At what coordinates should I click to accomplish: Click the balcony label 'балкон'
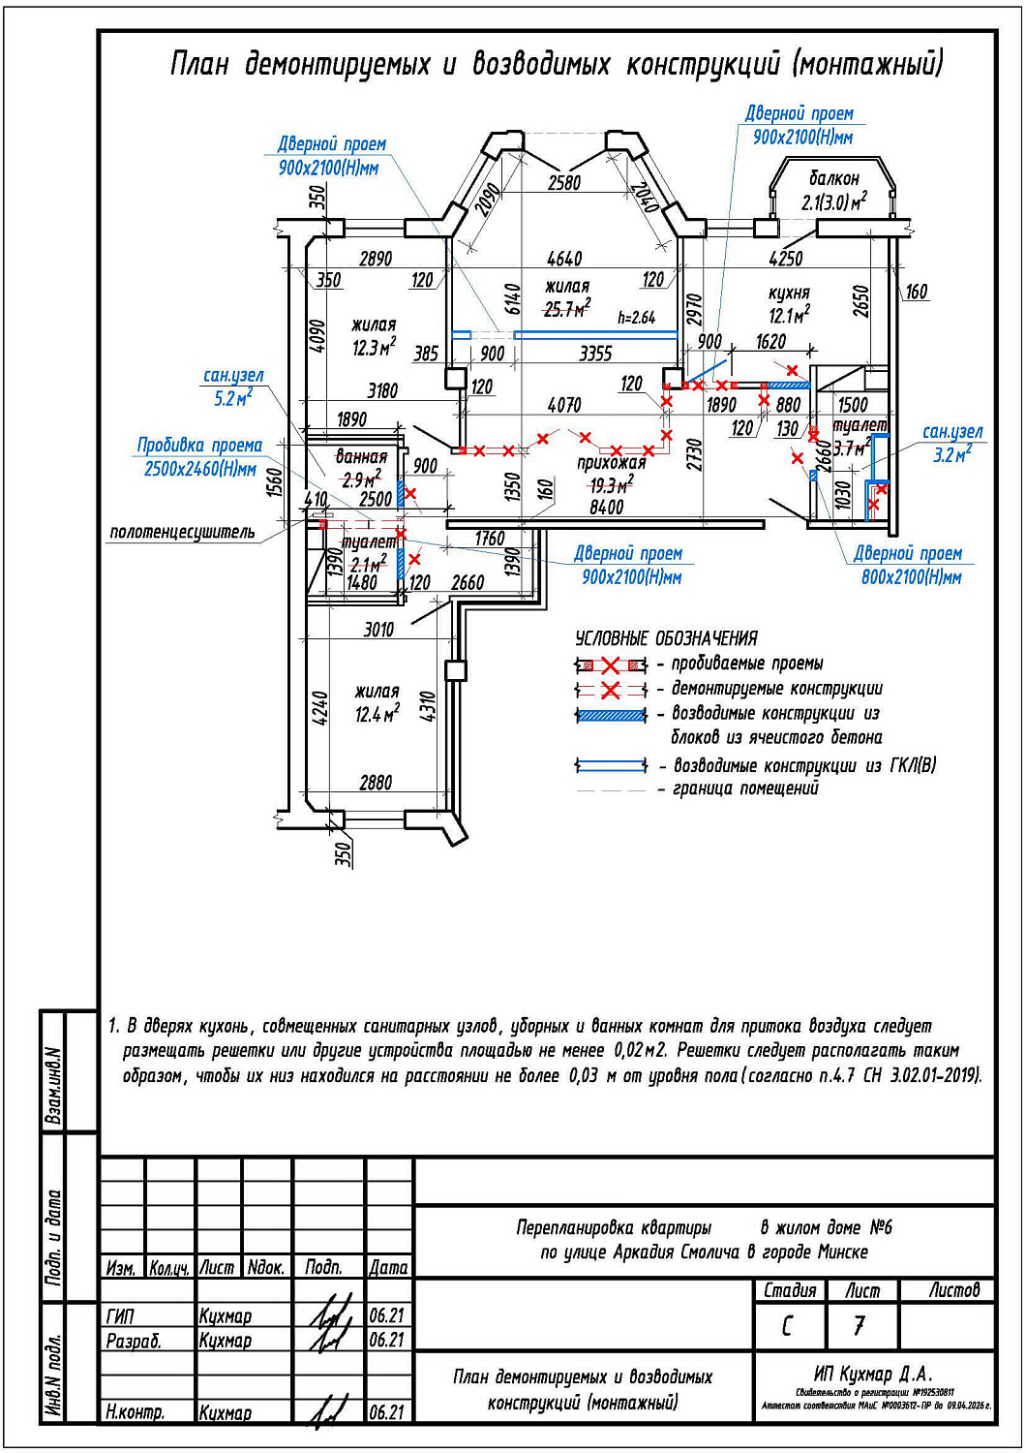pyautogui.click(x=833, y=178)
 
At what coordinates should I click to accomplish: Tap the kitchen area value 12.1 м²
pyautogui.click(x=789, y=315)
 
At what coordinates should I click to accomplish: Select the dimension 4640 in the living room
pyautogui.click(x=564, y=259)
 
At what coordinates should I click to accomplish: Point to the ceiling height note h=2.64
pyautogui.click(x=636, y=317)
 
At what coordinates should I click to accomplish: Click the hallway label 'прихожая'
pyautogui.click(x=611, y=463)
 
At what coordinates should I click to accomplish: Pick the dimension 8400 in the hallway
pyautogui.click(x=606, y=507)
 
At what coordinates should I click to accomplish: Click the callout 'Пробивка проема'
pyautogui.click(x=199, y=446)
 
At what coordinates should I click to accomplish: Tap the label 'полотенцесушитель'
pyautogui.click(x=182, y=532)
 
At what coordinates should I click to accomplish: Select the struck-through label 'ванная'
pyautogui.click(x=361, y=456)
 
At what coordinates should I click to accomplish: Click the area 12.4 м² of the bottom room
pyautogui.click(x=377, y=714)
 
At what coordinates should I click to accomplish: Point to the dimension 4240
pyautogui.click(x=318, y=707)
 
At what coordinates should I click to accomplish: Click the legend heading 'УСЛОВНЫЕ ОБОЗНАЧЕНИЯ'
pyautogui.click(x=666, y=638)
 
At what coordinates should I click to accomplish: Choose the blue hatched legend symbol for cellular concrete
pyautogui.click(x=611, y=715)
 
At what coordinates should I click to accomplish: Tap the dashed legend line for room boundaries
pyautogui.click(x=611, y=790)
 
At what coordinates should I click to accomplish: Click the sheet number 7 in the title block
pyautogui.click(x=859, y=1324)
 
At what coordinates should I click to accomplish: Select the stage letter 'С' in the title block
pyautogui.click(x=787, y=1324)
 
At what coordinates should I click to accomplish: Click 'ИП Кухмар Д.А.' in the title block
pyautogui.click(x=873, y=1374)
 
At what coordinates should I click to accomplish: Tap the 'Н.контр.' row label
pyautogui.click(x=135, y=1412)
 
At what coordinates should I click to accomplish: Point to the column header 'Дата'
pyautogui.click(x=388, y=1267)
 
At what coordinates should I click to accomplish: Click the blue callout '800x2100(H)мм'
pyautogui.click(x=911, y=577)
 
